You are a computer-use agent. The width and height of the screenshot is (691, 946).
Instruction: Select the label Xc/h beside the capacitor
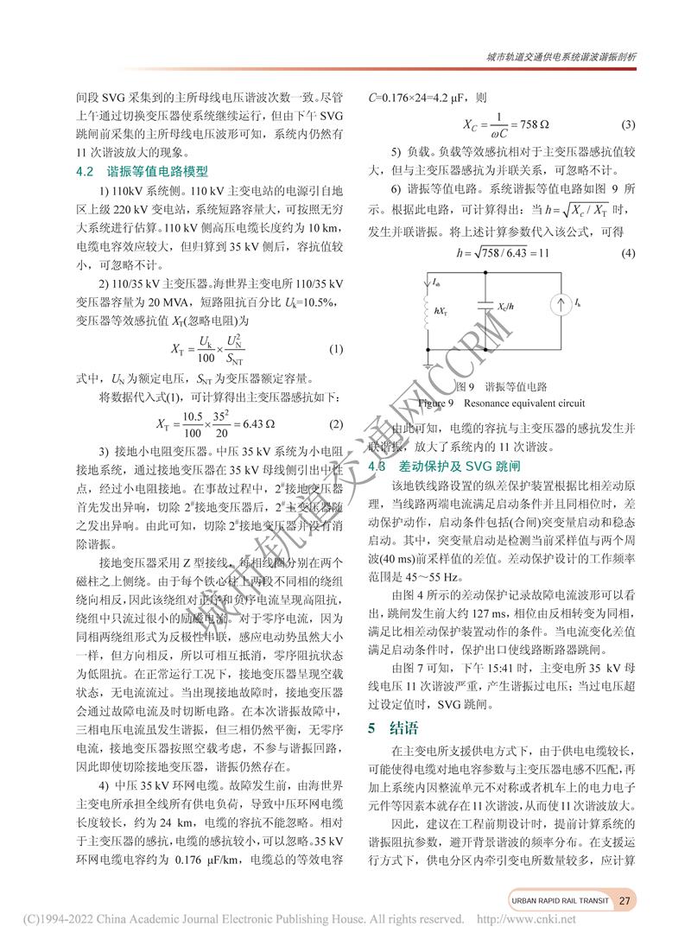(508, 307)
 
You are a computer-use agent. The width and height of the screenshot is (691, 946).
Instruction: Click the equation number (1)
(337, 350)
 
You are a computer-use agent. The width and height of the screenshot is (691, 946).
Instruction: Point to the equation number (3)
(628, 124)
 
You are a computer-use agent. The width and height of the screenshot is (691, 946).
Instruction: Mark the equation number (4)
(628, 253)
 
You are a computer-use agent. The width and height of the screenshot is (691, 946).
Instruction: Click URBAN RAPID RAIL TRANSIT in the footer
(558, 900)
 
